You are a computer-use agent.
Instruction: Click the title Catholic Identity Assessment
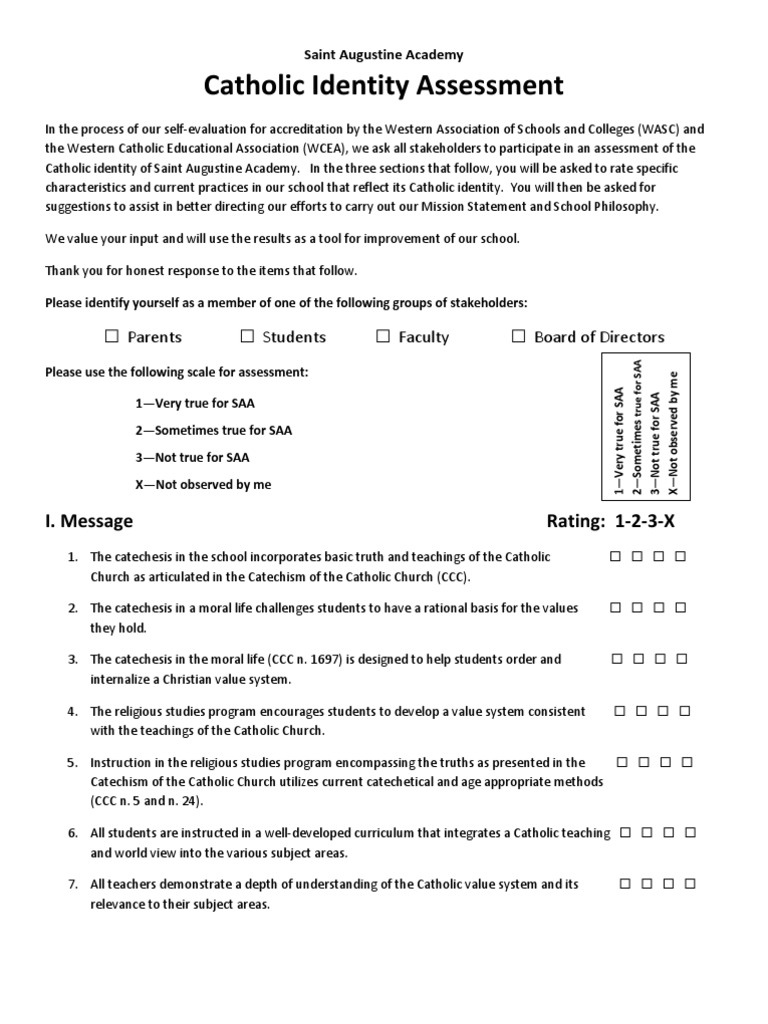tap(384, 87)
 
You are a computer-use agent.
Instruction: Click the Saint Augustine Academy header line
tap(384, 55)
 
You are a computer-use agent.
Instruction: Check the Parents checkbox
tap(112, 336)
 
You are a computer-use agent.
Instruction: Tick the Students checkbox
tap(248, 336)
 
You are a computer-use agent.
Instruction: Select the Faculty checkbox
tap(383, 336)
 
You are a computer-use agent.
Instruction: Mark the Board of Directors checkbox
tap(518, 336)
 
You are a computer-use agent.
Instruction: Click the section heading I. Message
tap(89, 521)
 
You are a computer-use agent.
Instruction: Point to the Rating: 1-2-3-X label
tap(617, 521)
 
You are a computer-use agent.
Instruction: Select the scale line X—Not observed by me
tap(203, 485)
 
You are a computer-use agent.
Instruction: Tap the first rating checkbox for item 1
tap(615, 556)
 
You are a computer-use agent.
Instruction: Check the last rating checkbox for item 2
tap(681, 607)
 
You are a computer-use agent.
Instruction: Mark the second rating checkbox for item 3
tap(637, 659)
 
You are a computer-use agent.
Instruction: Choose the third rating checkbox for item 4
tap(664, 711)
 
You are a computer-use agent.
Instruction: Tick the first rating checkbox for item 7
tap(625, 884)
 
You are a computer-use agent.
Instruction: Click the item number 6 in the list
tap(73, 833)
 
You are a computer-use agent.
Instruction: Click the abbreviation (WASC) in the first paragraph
tap(645, 129)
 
